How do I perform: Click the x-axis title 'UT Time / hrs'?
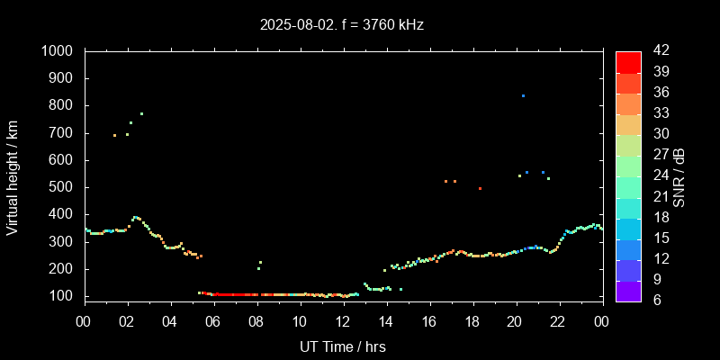pyautogui.click(x=343, y=346)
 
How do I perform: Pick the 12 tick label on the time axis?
pyautogui.click(x=343, y=321)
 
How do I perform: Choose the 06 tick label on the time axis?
pyautogui.click(x=213, y=321)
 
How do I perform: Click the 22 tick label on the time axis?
pyautogui.click(x=559, y=321)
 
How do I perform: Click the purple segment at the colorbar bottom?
pyautogui.click(x=628, y=290)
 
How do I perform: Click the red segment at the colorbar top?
pyautogui.click(x=628, y=61)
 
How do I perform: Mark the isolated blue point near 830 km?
pyautogui.click(x=523, y=95)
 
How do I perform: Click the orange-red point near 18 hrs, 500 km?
pyautogui.click(x=480, y=188)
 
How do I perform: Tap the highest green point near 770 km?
pyautogui.click(x=141, y=113)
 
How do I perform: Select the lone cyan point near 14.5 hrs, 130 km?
pyautogui.click(x=400, y=289)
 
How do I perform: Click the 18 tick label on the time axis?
pyautogui.click(x=472, y=321)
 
